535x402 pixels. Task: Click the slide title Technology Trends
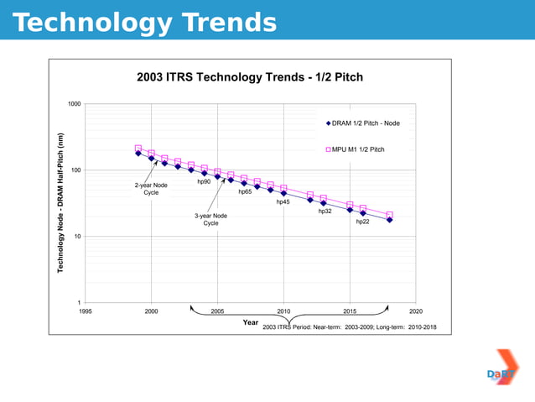click(144, 23)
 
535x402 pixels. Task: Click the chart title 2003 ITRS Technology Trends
click(249, 77)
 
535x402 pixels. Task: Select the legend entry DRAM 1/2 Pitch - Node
click(366, 123)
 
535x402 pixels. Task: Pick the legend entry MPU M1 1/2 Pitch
click(358, 149)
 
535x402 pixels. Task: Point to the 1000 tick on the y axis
click(75, 104)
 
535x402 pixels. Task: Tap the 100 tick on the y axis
click(75, 170)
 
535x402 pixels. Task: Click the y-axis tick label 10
click(77, 237)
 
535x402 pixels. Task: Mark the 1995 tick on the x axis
click(86, 311)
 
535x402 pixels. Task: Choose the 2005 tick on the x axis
click(217, 311)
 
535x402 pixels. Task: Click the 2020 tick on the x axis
click(415, 311)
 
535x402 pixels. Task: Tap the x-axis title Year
click(250, 321)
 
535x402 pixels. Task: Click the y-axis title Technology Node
click(61, 202)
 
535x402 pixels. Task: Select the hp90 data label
click(204, 181)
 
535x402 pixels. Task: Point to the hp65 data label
click(245, 191)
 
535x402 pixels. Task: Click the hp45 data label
click(283, 201)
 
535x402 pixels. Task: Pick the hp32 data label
click(325, 211)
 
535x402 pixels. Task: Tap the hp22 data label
click(362, 222)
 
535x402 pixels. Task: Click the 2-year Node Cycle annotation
click(151, 189)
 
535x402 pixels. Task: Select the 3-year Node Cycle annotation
click(210, 219)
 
